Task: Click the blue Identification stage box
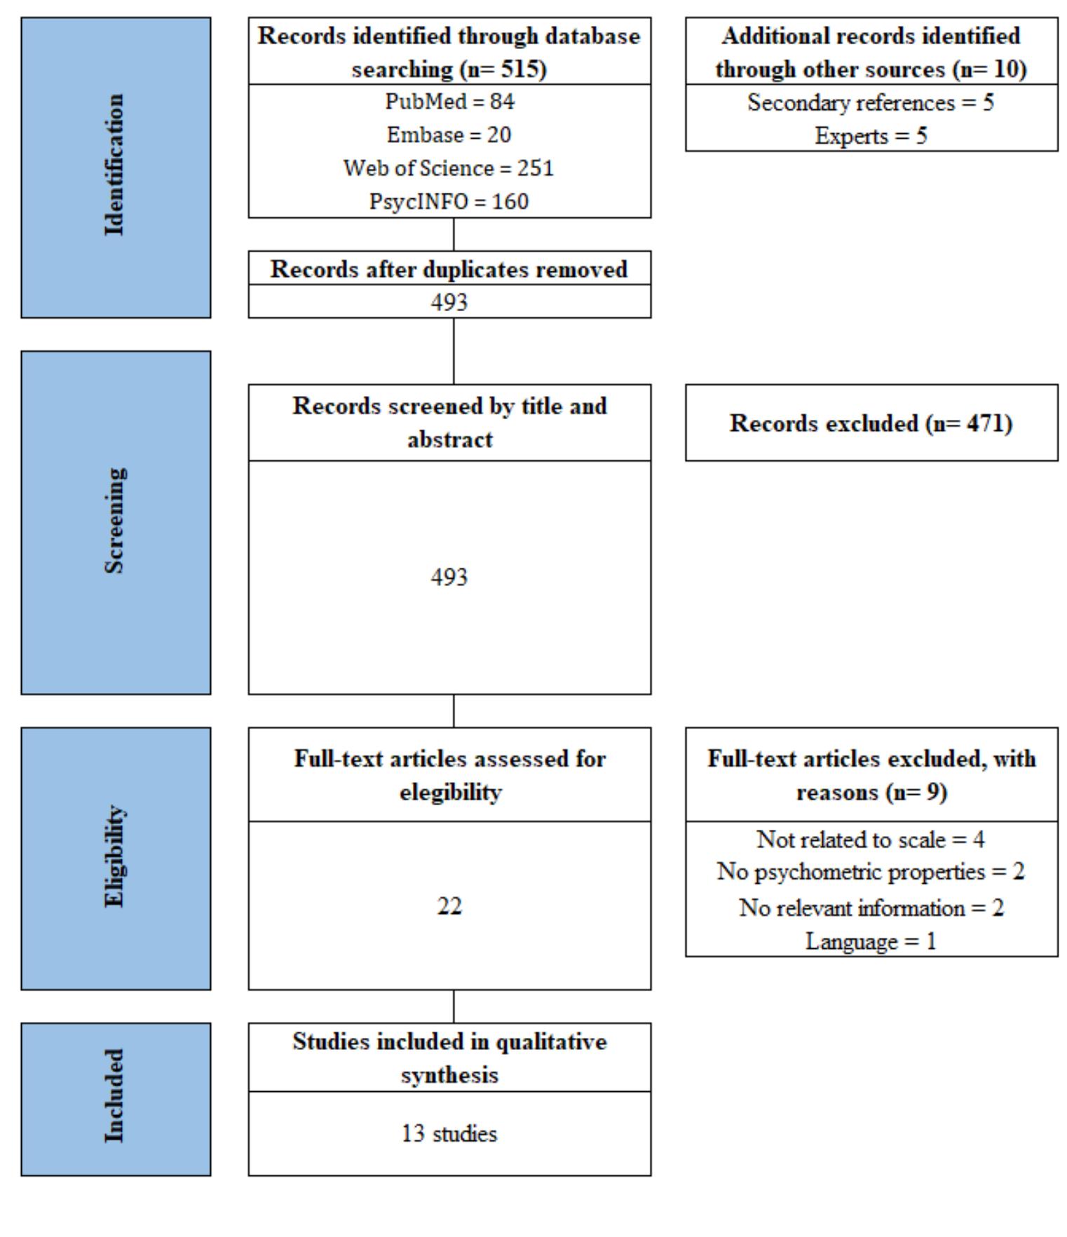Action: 116,168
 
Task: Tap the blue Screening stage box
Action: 116,522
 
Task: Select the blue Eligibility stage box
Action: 116,858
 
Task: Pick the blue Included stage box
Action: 116,1098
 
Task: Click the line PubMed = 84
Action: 449,102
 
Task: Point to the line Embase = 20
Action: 449,135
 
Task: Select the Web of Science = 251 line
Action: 449,168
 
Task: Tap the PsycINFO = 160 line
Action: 449,202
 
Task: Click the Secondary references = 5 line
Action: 871,103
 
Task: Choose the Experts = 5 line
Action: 871,136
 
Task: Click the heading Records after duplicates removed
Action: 449,269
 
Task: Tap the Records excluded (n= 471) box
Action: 871,423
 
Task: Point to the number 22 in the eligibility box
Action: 449,906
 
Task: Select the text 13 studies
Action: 449,1133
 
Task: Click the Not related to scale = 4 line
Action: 871,839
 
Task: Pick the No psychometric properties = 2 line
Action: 871,872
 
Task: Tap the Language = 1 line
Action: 871,941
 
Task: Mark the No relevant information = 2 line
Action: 871,908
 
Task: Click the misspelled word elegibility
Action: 451,793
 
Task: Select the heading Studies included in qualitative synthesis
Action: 449,1058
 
